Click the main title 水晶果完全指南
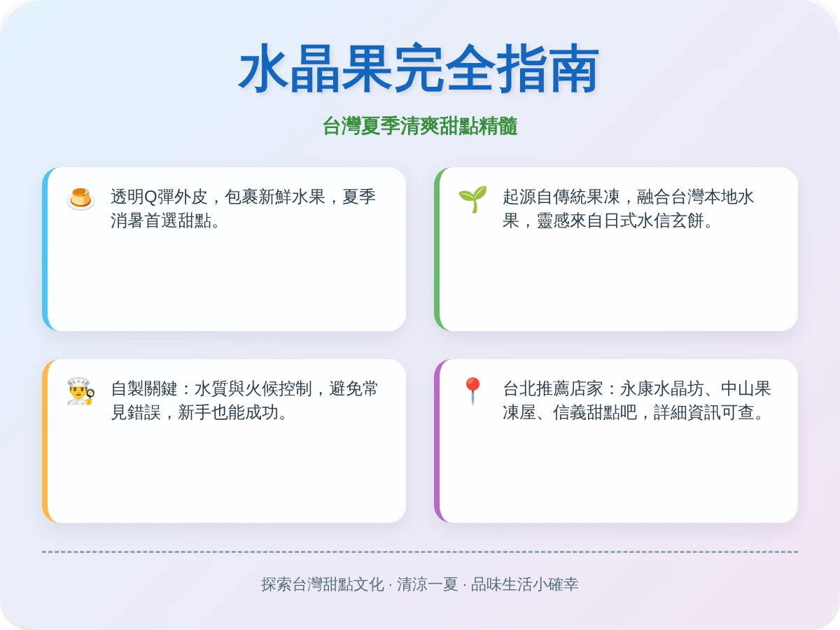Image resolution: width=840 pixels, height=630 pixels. click(x=419, y=69)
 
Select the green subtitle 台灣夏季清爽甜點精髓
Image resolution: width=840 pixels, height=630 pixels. click(x=419, y=127)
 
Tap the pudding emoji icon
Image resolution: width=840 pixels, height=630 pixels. click(x=80, y=198)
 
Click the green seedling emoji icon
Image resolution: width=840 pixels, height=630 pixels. click(x=472, y=198)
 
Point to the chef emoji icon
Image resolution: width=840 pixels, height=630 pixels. click(x=80, y=391)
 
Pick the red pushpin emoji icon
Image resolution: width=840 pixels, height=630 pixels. click(x=472, y=391)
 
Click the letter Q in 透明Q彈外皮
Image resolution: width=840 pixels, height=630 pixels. click(x=151, y=197)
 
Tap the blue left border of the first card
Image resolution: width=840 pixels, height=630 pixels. click(x=45, y=249)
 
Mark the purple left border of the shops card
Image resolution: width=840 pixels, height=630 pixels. click(x=437, y=441)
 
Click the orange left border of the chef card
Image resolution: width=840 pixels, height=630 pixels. click(x=45, y=441)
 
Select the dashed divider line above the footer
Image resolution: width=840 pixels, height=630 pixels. click(x=420, y=552)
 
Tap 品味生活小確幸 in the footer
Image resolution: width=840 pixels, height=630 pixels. click(x=524, y=584)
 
